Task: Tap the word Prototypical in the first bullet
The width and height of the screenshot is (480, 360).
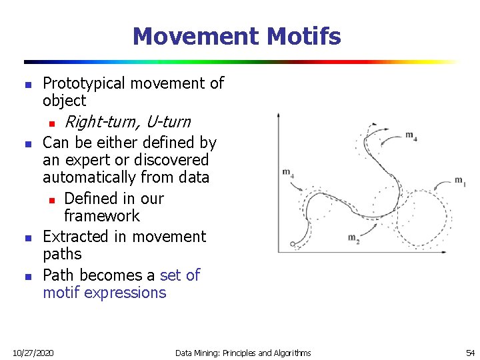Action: tap(84, 83)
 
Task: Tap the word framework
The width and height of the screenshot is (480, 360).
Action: tap(102, 216)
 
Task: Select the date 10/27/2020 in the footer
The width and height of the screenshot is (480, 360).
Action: tap(34, 352)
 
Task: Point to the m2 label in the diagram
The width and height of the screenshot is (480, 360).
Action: tap(353, 239)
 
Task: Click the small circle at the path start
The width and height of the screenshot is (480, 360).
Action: tap(293, 245)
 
